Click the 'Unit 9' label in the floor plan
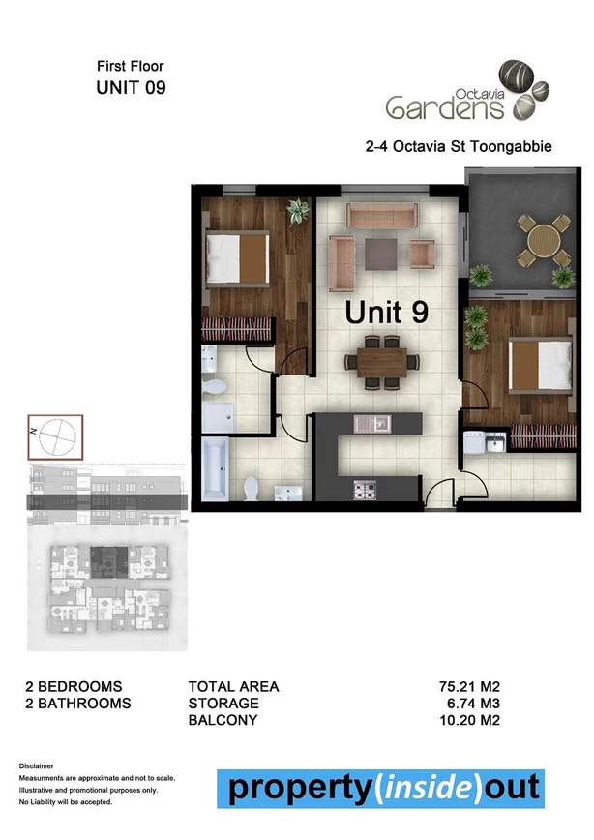tap(387, 313)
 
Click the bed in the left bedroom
tap(238, 255)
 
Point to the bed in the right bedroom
tap(536, 361)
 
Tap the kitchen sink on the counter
tap(372, 423)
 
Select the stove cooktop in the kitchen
tap(366, 490)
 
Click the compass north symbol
tap(55, 436)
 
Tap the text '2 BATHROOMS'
tap(78, 704)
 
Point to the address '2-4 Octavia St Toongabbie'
tap(446, 147)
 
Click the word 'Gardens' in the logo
tap(443, 105)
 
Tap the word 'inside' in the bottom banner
tap(422, 788)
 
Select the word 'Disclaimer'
tap(37, 766)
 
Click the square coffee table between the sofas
tap(379, 254)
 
